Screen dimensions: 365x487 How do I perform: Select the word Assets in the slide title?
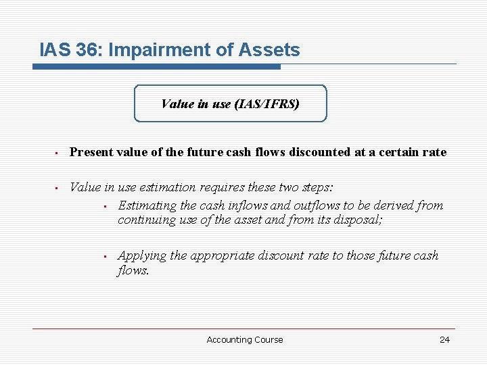coord(271,50)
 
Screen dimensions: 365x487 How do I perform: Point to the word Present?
coord(92,153)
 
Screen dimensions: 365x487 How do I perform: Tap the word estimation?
coord(167,187)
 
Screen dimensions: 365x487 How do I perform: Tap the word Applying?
coord(142,255)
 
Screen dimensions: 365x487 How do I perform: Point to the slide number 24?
coord(444,340)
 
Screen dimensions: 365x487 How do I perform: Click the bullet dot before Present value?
coord(58,153)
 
